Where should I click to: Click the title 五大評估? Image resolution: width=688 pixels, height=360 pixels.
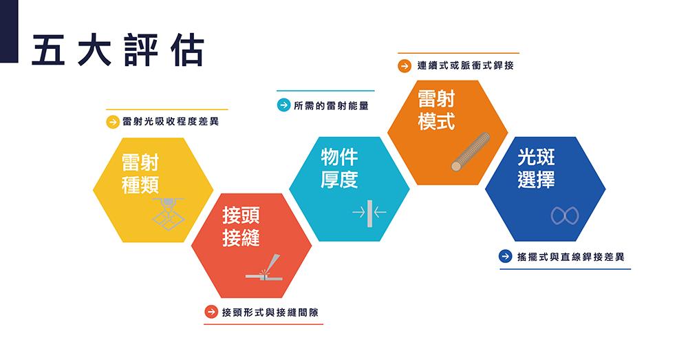118,50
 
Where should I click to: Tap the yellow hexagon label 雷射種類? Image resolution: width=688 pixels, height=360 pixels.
140,174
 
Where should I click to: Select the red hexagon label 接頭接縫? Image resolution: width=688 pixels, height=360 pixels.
241,226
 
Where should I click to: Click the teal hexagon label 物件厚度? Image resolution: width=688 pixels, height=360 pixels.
339,168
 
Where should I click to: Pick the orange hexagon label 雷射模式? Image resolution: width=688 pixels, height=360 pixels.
436,110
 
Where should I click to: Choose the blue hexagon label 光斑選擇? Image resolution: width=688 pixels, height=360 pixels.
536,168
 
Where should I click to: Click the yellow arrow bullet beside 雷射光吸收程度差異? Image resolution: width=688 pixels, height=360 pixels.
113,122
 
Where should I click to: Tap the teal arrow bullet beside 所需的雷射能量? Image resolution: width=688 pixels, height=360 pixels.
284,105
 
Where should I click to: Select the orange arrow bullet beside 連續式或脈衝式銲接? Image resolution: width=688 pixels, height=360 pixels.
405,66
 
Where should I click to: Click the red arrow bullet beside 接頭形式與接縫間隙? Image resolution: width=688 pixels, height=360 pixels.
211,312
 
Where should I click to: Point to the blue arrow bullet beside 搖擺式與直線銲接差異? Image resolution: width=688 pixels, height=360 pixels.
506,256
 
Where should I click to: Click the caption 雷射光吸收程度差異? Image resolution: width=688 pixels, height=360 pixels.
171,122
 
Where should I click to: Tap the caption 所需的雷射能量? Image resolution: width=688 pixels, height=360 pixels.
332,105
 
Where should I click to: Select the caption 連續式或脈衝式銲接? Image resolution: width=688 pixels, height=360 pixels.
466,66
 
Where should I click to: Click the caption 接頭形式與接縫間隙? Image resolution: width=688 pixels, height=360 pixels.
270,312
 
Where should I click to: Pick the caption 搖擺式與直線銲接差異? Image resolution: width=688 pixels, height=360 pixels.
570,257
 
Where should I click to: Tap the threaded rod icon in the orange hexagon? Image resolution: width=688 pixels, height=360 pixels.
471,151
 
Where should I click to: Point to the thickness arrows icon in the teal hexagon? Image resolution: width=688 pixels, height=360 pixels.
369,213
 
